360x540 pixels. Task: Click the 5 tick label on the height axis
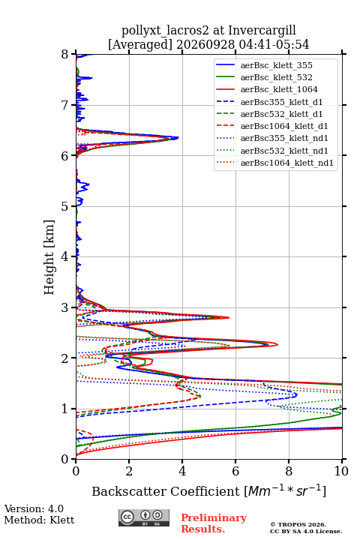coord(65,207)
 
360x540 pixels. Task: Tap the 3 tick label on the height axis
coord(65,307)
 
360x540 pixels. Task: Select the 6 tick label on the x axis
coord(235,471)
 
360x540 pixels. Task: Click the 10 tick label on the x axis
coord(341,471)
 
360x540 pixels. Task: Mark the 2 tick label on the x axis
coord(129,471)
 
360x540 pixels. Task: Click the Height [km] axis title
coord(49,257)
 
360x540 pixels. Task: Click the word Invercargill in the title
coord(262,30)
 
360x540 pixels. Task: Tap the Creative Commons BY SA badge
coord(144,517)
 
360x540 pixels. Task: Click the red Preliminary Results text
coord(214,523)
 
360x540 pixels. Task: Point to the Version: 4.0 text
coord(34,508)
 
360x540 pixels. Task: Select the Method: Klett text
coord(39,520)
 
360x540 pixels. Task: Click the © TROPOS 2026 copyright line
coord(298,524)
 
